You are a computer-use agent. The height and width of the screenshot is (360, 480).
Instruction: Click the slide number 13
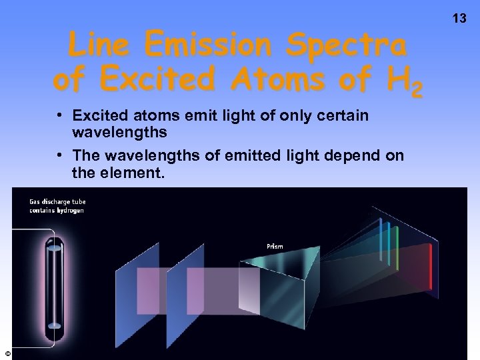459,18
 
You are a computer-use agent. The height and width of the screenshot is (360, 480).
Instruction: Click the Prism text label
275,246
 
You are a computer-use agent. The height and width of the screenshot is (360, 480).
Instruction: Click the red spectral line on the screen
431,259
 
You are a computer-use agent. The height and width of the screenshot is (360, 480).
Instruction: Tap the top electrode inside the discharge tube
53,247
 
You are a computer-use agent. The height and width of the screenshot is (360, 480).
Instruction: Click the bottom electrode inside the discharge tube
53,326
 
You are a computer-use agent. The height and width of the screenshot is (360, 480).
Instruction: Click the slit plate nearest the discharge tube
137,287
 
